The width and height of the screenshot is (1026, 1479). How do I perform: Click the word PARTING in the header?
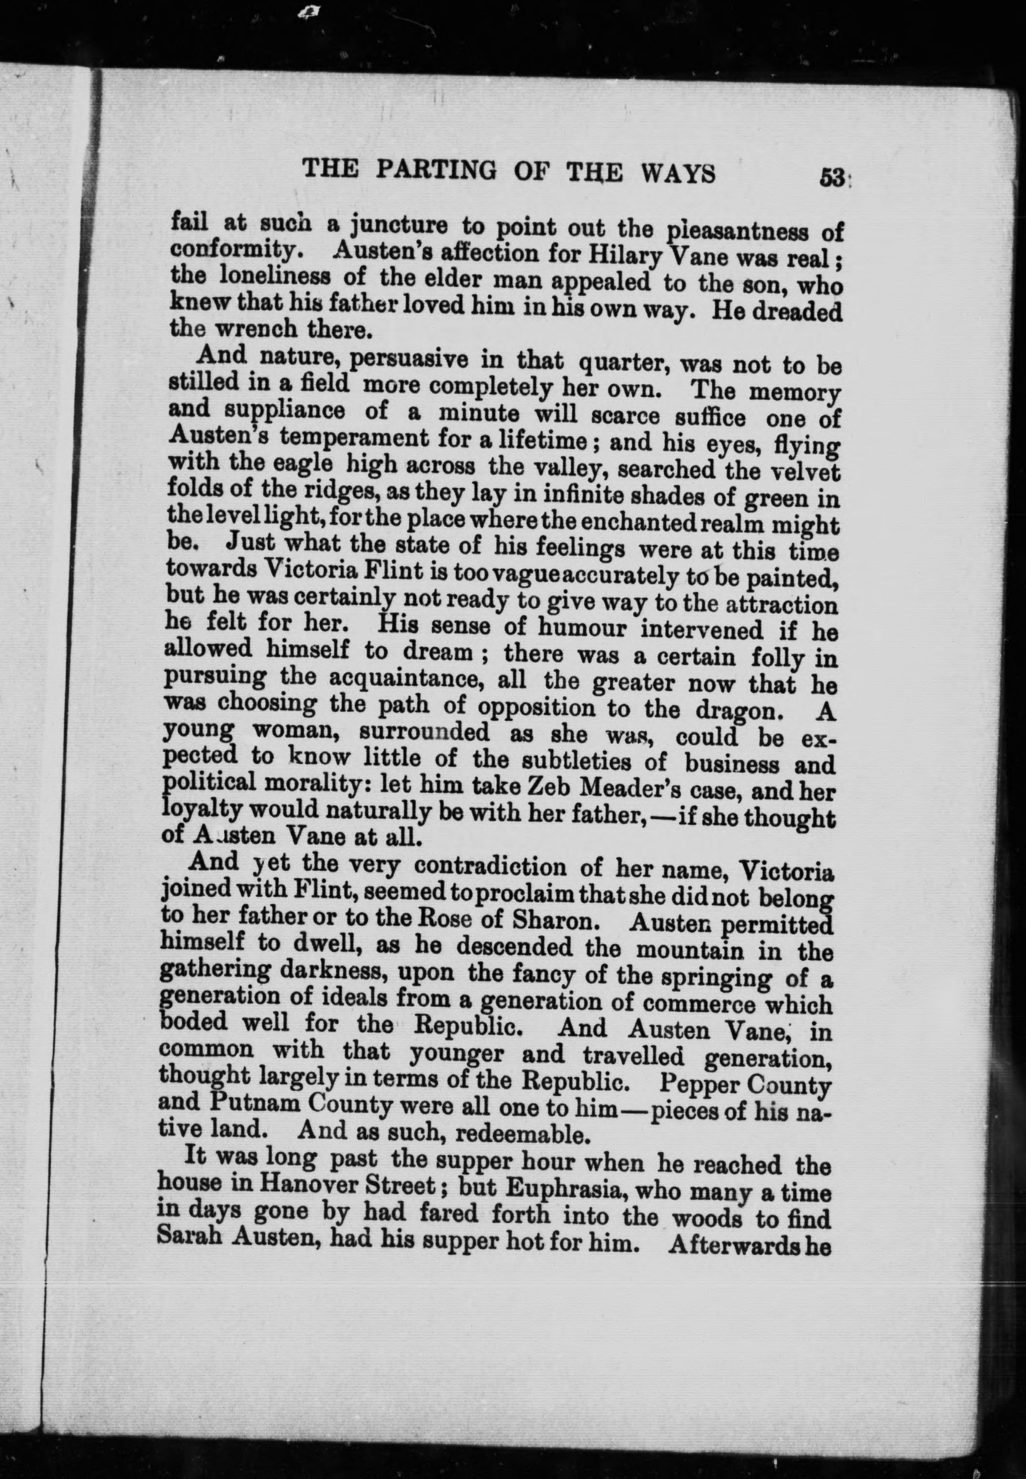435,172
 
